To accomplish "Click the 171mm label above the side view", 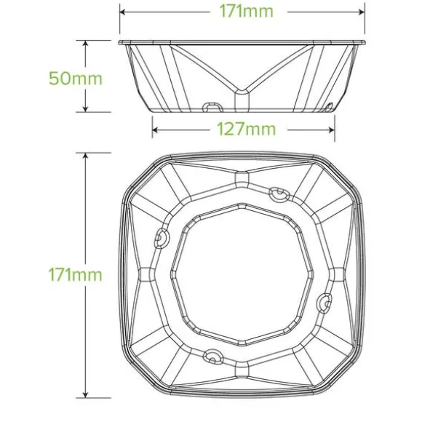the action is click(246, 12).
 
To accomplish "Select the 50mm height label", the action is click(76, 79).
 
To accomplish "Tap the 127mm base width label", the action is click(246, 130).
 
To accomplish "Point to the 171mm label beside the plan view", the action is click(76, 275).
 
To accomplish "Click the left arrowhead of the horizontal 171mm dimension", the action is click(123, 12).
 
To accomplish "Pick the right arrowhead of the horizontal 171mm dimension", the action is click(362, 12).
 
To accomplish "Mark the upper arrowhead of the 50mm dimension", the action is click(85, 44).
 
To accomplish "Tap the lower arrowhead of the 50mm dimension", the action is click(85, 108).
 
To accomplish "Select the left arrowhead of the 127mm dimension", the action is click(155, 130).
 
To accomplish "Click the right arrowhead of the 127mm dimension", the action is click(331, 130).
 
